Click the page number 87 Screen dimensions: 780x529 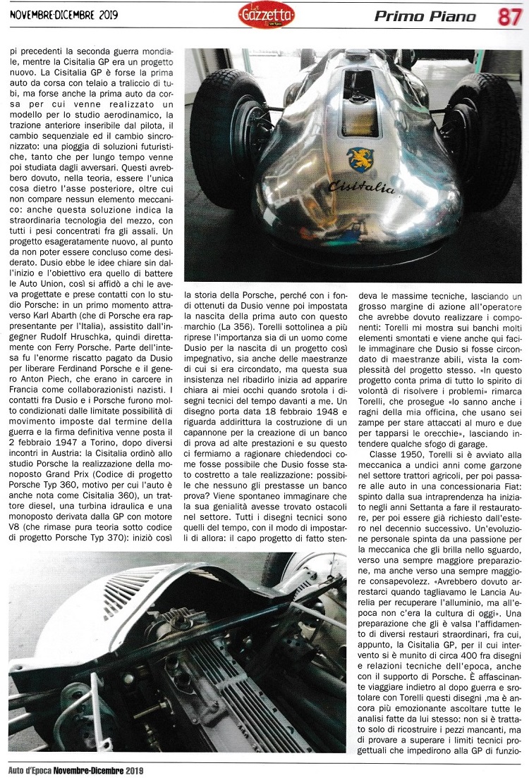509,16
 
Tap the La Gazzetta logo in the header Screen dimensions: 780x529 266,16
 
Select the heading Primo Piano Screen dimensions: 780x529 425,16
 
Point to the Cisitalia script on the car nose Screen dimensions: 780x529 360,187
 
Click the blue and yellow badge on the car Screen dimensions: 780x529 361,159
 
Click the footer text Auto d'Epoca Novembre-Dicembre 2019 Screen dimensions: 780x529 75,771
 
